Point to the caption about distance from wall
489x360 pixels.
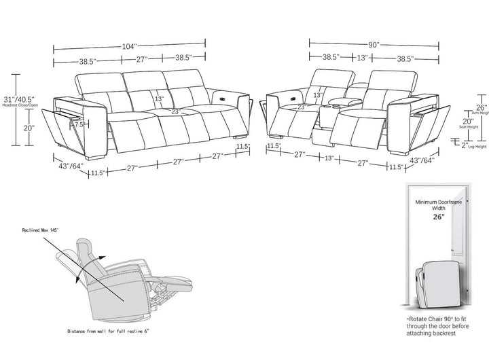[109, 331]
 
